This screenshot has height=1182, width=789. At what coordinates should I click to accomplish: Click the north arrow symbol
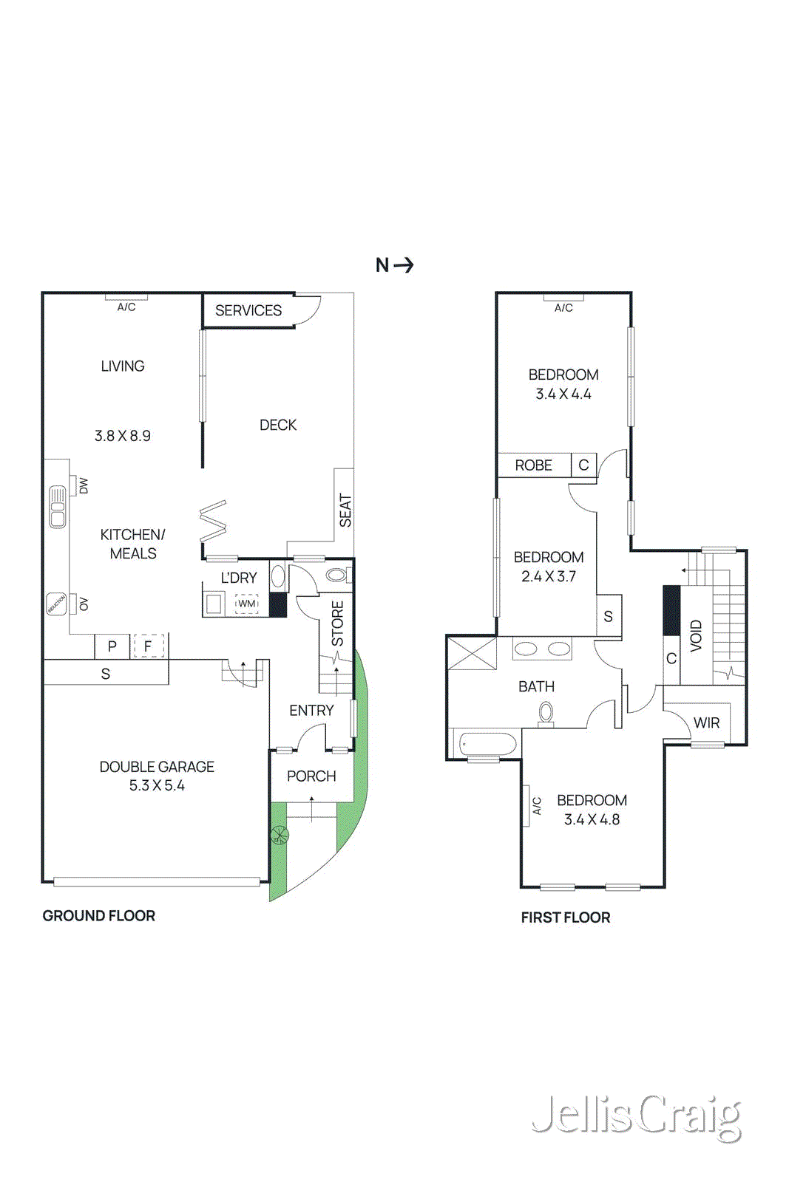tap(404, 264)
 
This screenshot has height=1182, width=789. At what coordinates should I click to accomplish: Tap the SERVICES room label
tap(248, 310)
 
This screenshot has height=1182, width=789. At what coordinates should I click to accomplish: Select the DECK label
tap(278, 425)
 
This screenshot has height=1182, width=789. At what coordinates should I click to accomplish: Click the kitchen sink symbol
tap(58, 506)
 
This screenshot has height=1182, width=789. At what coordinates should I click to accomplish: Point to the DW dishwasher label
tap(83, 485)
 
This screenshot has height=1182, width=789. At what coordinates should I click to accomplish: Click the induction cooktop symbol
tap(56, 604)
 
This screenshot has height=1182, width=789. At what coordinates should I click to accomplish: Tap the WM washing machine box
tap(246, 604)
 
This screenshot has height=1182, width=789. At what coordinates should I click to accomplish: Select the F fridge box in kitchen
tap(149, 646)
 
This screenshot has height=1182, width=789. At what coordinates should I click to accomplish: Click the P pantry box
tap(112, 646)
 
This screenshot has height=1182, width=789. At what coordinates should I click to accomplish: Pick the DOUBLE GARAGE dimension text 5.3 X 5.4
tap(157, 785)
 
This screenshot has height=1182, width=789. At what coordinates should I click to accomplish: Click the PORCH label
tap(311, 776)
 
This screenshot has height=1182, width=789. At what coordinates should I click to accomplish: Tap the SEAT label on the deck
tap(345, 510)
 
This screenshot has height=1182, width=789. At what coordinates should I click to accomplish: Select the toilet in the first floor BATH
tap(546, 713)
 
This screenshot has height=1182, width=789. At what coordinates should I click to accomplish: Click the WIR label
tap(706, 722)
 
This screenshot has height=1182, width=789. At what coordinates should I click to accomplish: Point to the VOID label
tap(696, 635)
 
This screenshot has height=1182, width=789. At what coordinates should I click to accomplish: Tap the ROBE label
tap(533, 465)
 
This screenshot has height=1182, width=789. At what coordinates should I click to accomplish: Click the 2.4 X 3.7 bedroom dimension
tap(548, 576)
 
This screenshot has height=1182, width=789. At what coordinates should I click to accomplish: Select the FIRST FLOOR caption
tap(565, 917)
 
